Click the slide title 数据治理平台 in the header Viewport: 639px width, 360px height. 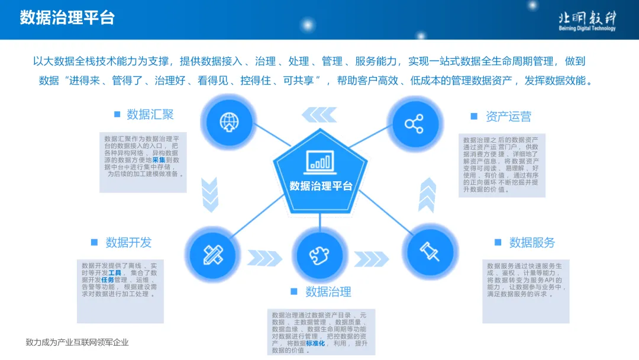tap(67, 17)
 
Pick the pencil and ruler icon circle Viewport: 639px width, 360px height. tap(212, 253)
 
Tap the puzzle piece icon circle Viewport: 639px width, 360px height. tap(320, 256)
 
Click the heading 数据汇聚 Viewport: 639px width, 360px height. tap(150, 114)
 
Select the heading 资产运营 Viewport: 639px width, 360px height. tap(508, 116)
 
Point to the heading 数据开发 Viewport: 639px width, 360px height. tap(128, 242)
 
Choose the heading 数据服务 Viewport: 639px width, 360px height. tap(532, 242)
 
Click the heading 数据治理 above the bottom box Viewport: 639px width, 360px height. tap(328, 291)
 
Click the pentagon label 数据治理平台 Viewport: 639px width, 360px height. tap(321, 186)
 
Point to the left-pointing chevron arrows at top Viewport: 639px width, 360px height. tap(319, 113)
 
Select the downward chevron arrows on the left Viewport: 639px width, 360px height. tap(211, 194)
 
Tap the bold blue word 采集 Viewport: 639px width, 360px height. tap(159, 160)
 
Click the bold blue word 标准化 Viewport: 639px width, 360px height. tap(315, 343)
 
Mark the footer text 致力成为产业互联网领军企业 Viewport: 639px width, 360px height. tap(77, 342)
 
